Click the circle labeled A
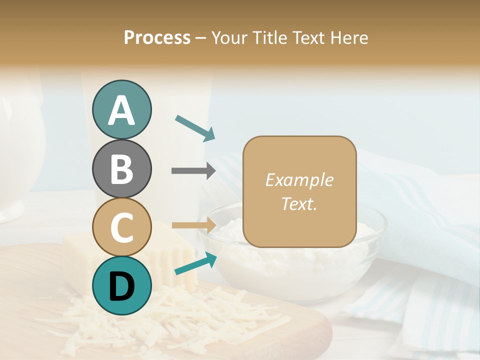point(121,109)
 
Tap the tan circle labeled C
point(121,227)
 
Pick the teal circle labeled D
point(121,285)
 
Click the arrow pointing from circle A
point(195,128)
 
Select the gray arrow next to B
point(193,170)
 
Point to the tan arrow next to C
point(193,225)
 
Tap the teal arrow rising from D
point(195,263)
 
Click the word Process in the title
point(157,38)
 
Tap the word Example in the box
point(299,180)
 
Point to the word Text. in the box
point(299,203)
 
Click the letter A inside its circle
point(121,110)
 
